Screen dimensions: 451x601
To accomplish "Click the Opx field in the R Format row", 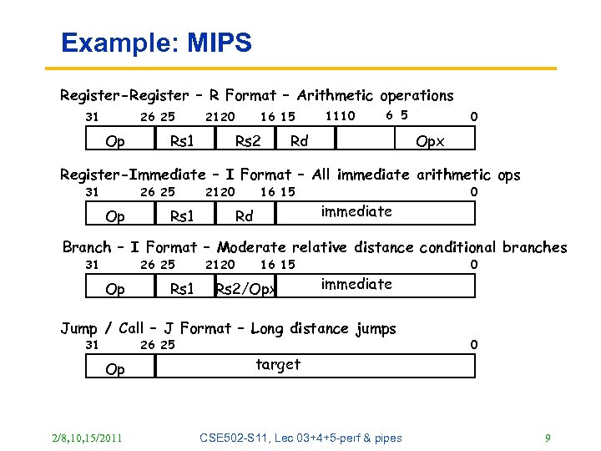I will (430, 141).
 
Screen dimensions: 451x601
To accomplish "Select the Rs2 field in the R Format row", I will (247, 141).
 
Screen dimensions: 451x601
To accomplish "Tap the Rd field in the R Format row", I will (299, 141).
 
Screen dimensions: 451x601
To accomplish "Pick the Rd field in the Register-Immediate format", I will (244, 216).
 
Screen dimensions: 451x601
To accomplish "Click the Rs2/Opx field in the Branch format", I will (245, 289).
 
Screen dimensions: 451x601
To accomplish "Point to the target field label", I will (278, 364).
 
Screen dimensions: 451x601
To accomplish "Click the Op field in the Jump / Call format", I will (115, 369).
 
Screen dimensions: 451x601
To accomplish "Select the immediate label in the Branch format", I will (356, 284).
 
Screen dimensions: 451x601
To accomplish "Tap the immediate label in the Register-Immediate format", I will (356, 211).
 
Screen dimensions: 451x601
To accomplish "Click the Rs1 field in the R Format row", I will (182, 141).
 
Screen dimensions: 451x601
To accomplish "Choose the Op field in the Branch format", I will (115, 289).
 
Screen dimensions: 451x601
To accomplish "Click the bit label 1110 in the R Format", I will (340, 116).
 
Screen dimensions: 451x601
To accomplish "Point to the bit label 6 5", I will (396, 115).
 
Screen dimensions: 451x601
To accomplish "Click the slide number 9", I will (547, 438).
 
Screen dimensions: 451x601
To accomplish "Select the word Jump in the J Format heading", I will (78, 328).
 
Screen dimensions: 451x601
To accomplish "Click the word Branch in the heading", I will (86, 247).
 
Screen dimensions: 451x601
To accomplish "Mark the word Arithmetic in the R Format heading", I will (331, 96).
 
